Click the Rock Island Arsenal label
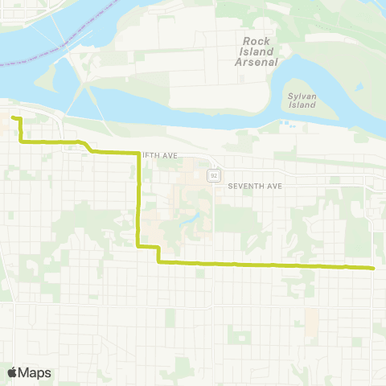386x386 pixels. (x=260, y=51)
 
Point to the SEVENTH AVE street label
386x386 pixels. (x=255, y=186)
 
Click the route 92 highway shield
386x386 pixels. (x=214, y=175)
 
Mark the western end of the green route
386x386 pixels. (x=13, y=118)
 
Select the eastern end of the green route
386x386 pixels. (x=374, y=268)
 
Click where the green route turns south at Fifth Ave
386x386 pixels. (x=139, y=152)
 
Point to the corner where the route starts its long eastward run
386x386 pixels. (x=158, y=261)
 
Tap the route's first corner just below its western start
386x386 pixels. (x=19, y=142)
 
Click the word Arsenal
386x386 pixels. (x=260, y=62)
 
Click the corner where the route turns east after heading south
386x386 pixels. (x=139, y=245)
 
